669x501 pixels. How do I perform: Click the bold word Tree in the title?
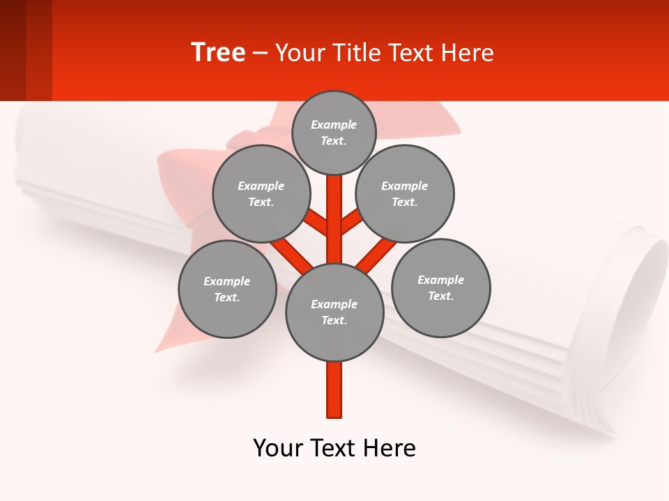(218, 53)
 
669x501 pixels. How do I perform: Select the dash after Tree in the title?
(259, 54)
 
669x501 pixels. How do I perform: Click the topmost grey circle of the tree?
(334, 132)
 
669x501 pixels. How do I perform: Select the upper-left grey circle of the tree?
(261, 193)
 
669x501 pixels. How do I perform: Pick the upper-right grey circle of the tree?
(405, 193)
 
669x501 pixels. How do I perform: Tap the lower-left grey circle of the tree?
(227, 289)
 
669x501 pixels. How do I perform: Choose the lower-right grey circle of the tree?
(441, 287)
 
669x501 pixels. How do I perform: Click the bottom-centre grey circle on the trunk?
(334, 312)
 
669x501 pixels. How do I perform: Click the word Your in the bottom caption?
(278, 448)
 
